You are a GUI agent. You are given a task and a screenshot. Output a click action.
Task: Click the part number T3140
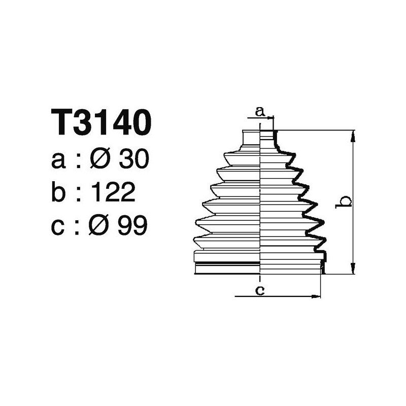point(101,123)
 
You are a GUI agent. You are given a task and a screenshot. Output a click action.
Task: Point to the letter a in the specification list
point(58,161)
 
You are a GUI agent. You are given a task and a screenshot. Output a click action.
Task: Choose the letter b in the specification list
point(59,192)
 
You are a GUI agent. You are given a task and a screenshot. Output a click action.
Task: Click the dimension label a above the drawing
point(259,110)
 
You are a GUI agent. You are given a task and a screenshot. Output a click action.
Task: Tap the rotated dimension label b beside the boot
point(345,201)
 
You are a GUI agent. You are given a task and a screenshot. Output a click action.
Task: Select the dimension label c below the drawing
point(259,290)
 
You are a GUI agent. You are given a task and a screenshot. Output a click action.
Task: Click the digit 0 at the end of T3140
point(141,123)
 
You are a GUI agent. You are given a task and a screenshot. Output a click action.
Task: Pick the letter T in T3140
point(61,123)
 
